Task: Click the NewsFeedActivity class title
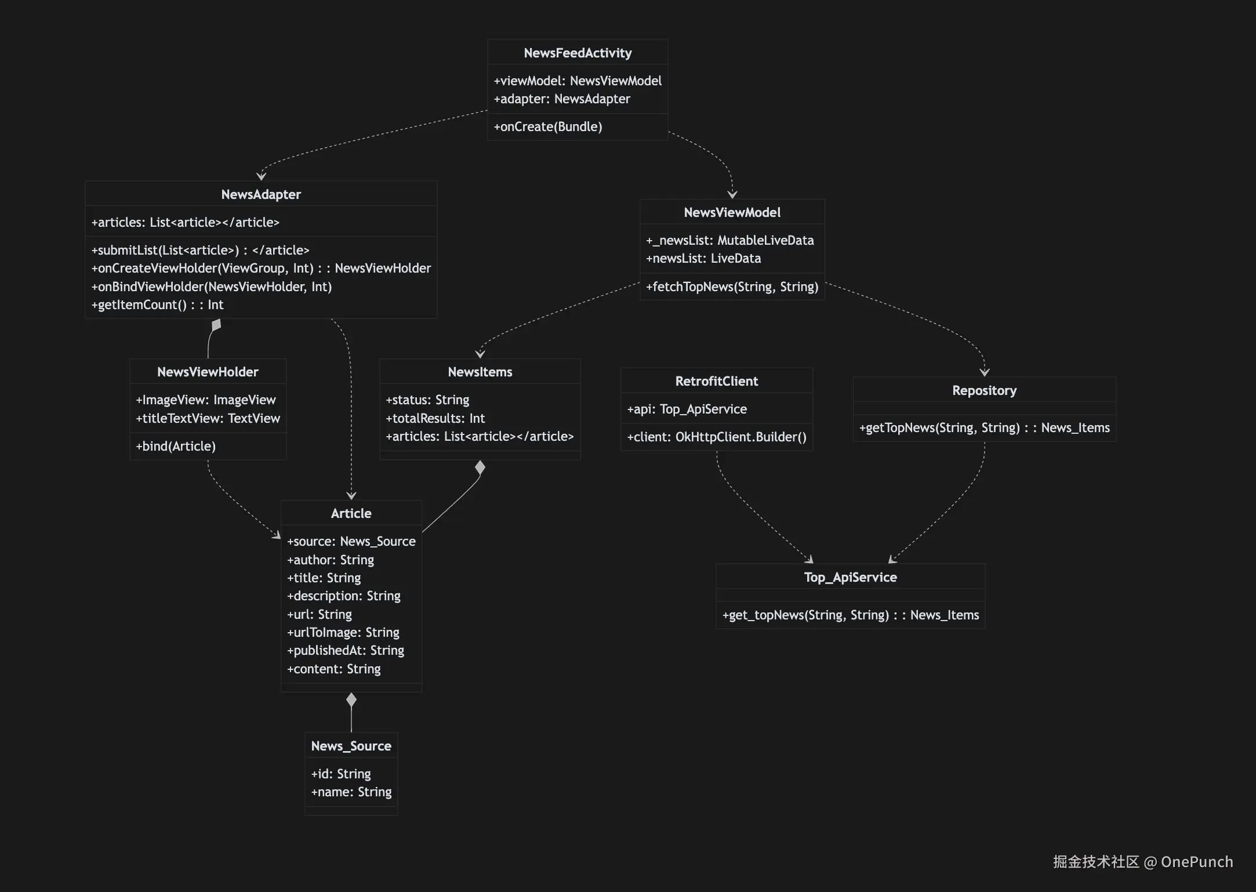click(578, 53)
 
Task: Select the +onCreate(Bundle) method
click(547, 126)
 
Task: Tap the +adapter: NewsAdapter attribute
click(561, 99)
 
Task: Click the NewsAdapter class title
click(261, 194)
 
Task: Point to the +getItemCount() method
click(157, 304)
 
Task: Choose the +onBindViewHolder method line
click(212, 287)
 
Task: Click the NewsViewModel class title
click(732, 212)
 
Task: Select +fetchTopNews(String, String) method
click(732, 287)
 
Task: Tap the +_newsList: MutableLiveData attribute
click(729, 240)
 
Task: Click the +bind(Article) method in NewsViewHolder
click(176, 446)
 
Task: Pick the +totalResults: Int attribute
click(435, 418)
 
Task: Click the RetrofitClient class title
click(716, 381)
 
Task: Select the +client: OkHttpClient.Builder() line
click(716, 437)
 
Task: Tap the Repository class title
click(984, 390)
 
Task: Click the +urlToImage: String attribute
click(343, 632)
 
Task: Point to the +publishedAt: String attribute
click(346, 650)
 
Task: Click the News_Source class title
click(351, 746)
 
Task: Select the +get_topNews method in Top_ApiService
click(850, 615)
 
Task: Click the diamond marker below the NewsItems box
click(480, 467)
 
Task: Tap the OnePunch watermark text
click(1196, 862)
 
